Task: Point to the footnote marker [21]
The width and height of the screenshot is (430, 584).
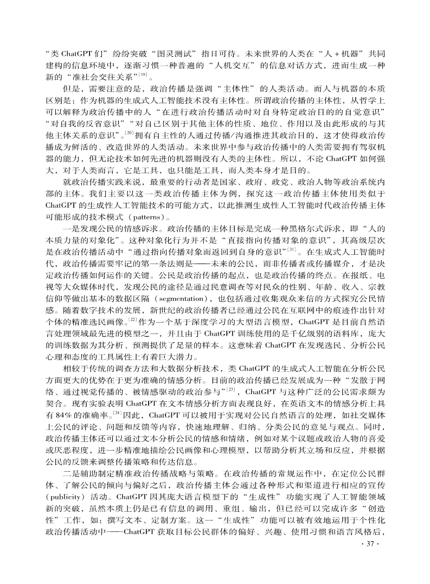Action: point(292,250)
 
